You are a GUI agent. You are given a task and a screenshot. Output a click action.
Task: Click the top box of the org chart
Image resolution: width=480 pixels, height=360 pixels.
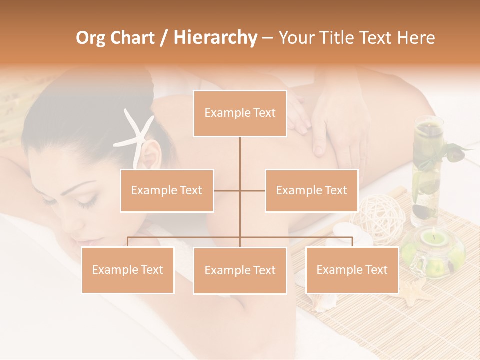point(240,113)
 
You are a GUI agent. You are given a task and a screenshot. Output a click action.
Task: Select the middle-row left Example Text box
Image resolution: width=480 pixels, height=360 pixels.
point(167,190)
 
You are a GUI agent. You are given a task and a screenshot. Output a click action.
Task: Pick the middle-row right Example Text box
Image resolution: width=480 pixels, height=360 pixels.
point(311,190)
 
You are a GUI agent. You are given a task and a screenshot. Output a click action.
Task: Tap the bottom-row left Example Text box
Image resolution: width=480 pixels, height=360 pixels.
point(128,270)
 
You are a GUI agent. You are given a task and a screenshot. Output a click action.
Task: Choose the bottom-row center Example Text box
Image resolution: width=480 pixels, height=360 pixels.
point(240,270)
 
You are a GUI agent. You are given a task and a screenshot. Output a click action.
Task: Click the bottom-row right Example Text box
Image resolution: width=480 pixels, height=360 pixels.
point(352,270)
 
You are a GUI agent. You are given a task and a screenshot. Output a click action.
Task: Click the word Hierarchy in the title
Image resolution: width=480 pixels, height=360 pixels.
point(215,37)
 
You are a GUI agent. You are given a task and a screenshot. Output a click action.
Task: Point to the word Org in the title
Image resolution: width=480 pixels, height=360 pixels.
point(91,37)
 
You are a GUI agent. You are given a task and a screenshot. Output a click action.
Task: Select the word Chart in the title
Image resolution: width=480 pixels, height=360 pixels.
point(132,37)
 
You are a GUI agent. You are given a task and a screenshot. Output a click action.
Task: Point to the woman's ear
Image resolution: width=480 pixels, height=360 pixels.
point(150,155)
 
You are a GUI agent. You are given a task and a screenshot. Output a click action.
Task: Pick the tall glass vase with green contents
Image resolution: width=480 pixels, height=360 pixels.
point(426,170)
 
